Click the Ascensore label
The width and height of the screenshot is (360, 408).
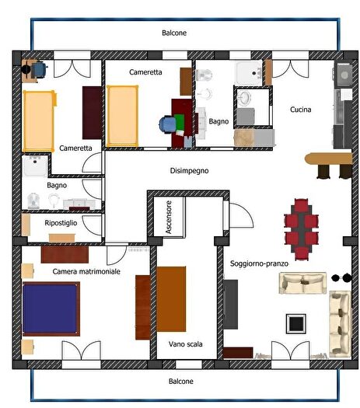coord(168,217)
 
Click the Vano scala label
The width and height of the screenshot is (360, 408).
coord(185,343)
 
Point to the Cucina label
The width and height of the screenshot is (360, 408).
coord(301,110)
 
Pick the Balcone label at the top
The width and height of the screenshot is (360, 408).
coord(174,33)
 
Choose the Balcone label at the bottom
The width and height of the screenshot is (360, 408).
coord(181,382)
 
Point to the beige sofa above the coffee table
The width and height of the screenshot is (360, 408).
coord(302,284)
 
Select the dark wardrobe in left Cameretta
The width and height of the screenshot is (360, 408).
coord(92,113)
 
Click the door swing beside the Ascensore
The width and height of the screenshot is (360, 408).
coord(236,212)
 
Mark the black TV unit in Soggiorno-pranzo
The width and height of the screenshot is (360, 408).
coord(231,304)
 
